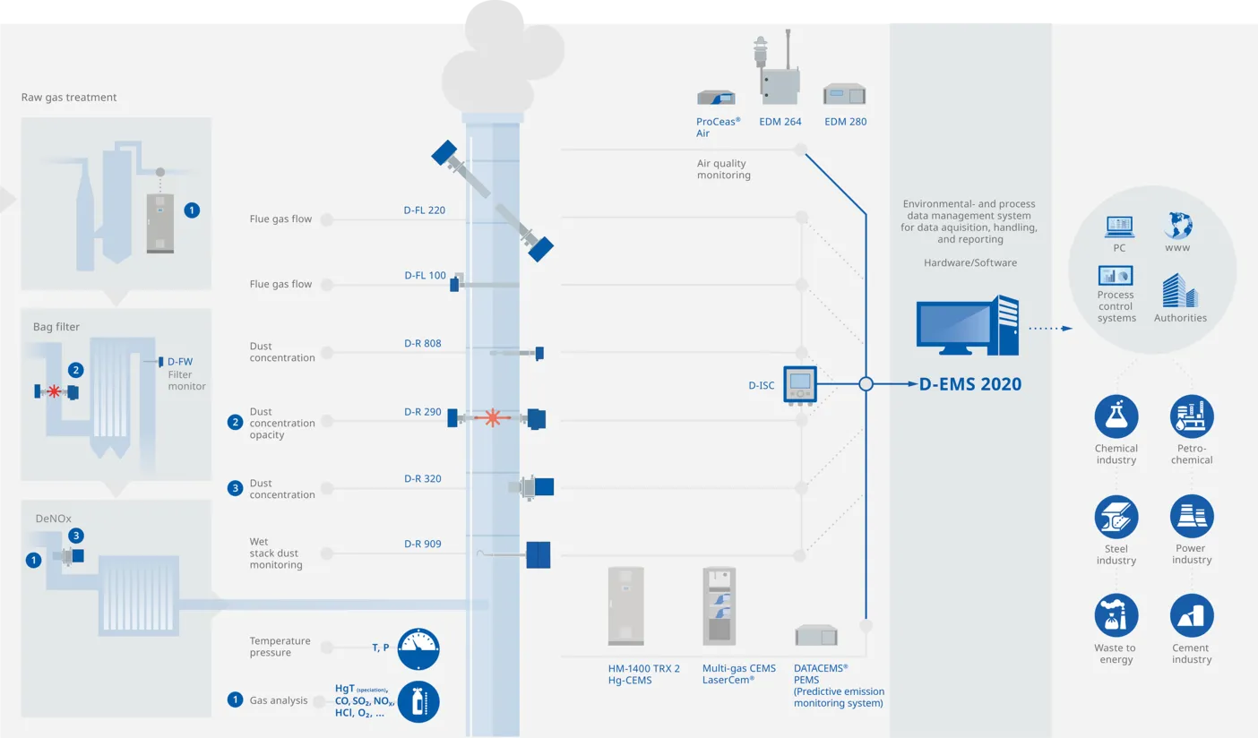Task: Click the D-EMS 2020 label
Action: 970,384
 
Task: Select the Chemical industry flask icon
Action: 1116,416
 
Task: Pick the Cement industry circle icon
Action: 1192,616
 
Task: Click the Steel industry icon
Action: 1116,517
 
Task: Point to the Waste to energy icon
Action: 1116,616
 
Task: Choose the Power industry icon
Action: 1192,517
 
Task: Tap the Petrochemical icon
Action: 1192,416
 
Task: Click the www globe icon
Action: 1177,225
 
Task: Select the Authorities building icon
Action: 1180,291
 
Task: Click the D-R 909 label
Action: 423,544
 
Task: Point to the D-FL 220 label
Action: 425,210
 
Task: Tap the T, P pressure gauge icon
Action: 418,649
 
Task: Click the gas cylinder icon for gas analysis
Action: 418,701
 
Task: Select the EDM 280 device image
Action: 845,94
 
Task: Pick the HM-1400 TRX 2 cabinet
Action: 625,605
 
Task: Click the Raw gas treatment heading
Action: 69,97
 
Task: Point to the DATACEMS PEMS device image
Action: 816,636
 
